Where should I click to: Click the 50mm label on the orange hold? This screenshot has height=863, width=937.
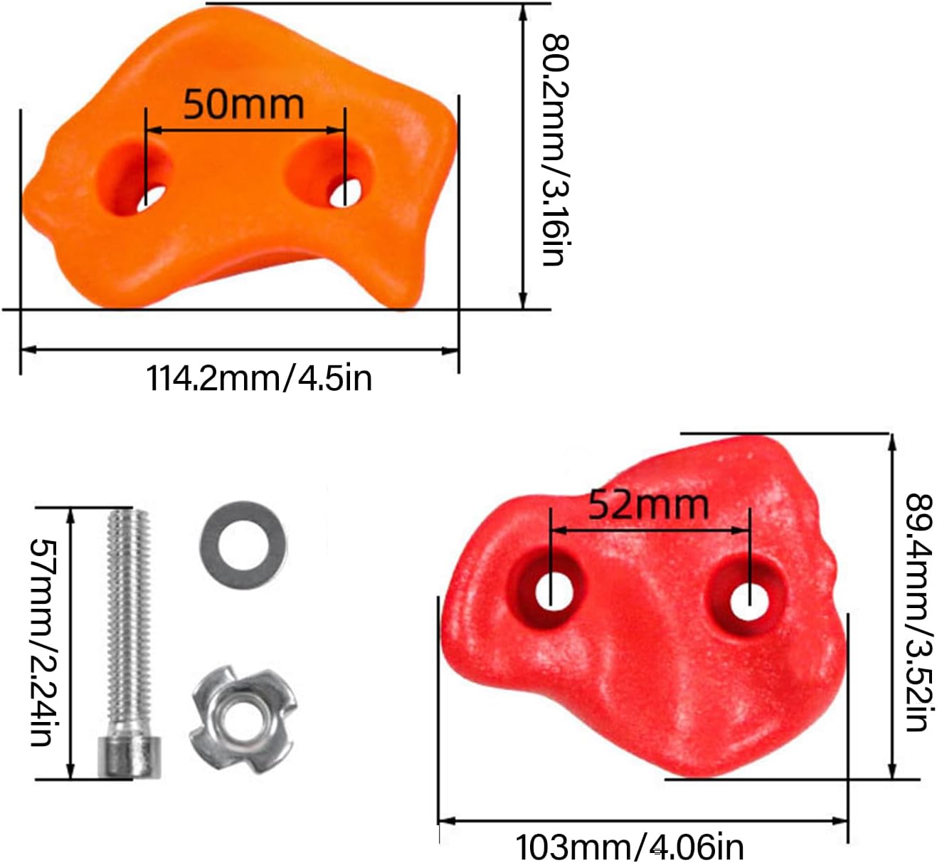tap(243, 105)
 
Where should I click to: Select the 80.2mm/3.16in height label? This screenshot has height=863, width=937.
tap(556, 150)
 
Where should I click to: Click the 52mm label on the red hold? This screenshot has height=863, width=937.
tap(648, 505)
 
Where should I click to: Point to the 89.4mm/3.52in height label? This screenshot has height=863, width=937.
tap(920, 612)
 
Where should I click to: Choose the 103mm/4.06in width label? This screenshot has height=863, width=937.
tap(629, 845)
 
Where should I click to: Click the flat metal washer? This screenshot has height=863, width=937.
tap(243, 545)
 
